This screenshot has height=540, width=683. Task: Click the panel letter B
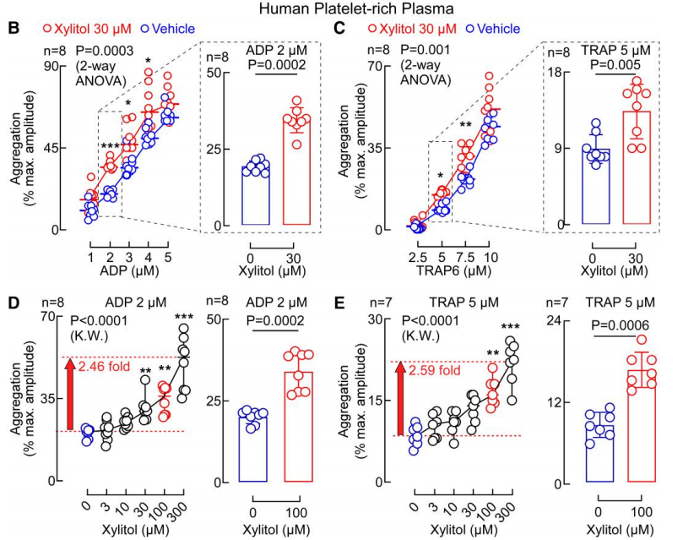[13, 30]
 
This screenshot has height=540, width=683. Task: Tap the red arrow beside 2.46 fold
[68, 393]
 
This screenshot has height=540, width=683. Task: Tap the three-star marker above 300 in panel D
[185, 317]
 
